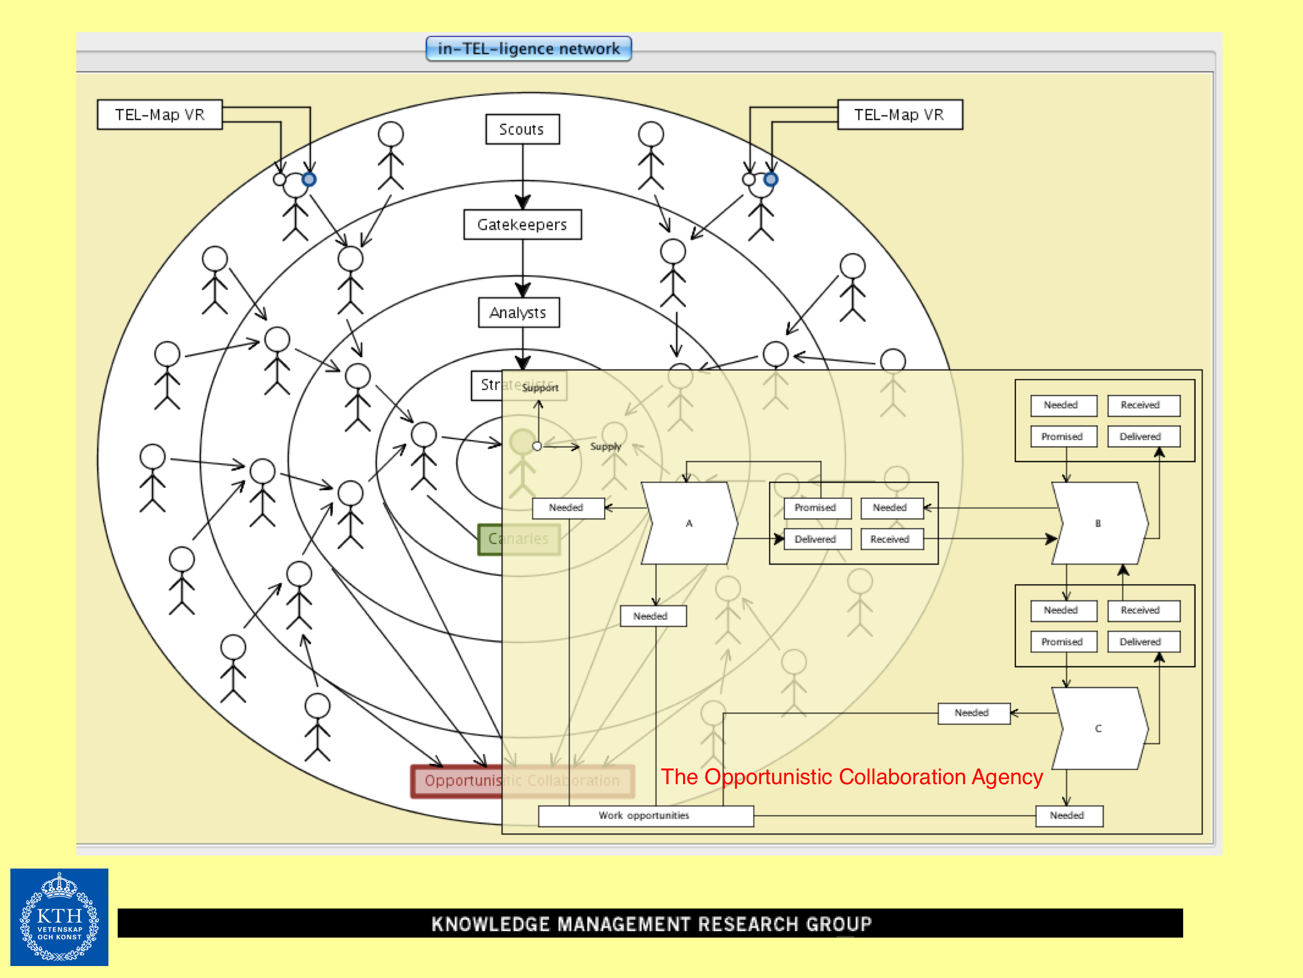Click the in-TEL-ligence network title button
pyautogui.click(x=528, y=49)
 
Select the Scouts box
pyautogui.click(x=522, y=130)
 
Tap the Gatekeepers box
pyautogui.click(x=522, y=224)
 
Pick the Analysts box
pyautogui.click(x=519, y=313)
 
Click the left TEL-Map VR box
pyautogui.click(x=160, y=115)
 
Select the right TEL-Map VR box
pyautogui.click(x=899, y=115)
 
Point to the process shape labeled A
pyautogui.click(x=689, y=523)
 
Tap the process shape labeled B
pyautogui.click(x=1099, y=523)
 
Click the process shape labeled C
pyautogui.click(x=1099, y=729)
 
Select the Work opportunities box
pyautogui.click(x=645, y=816)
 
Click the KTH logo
pyautogui.click(x=59, y=917)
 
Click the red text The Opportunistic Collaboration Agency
pyautogui.click(x=851, y=777)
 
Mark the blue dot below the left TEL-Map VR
pyautogui.click(x=309, y=179)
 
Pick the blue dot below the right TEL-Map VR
pyautogui.click(x=770, y=179)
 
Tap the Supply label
pyautogui.click(x=606, y=447)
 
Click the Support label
pyautogui.click(x=540, y=387)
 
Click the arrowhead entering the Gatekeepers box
pyautogui.click(x=522, y=203)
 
